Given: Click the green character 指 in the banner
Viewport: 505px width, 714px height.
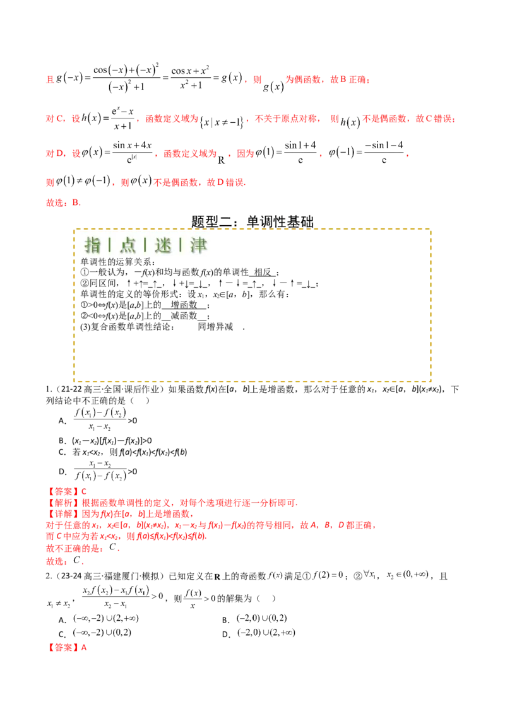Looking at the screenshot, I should (x=93, y=245).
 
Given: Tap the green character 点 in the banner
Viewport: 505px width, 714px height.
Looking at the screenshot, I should (x=128, y=245).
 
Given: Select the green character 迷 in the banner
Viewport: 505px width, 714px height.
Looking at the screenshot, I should (x=163, y=245).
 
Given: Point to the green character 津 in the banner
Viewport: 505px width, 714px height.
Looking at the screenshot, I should (x=199, y=245).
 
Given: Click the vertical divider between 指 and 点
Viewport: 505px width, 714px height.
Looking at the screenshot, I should (x=110, y=245).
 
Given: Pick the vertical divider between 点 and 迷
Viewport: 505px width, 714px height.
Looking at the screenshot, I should (x=146, y=245).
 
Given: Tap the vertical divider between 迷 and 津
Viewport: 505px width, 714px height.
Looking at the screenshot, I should (x=181, y=245).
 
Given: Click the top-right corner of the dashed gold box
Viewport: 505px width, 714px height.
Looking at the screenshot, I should (x=432, y=230).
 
